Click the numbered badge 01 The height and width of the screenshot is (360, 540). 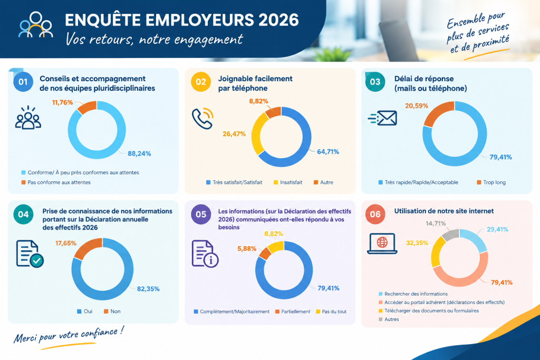tap(23, 82)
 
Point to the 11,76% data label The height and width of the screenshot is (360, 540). tap(62, 102)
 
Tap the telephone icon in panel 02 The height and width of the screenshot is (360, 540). tap(202, 119)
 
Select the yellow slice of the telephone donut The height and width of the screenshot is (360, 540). tap(257, 132)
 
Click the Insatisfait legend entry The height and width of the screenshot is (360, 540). tap(288, 182)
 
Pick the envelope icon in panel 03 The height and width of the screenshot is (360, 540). tap(382, 118)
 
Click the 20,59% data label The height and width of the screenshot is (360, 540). tap(417, 105)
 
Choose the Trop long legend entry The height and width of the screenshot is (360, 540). tap(491, 182)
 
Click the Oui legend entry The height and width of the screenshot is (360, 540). tap(85, 312)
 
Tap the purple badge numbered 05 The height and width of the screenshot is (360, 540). tap(201, 215)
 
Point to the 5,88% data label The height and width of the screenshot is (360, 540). tap(247, 248)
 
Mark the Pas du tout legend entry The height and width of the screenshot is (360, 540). tap(331, 312)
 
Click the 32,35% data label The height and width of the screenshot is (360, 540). tap(417, 243)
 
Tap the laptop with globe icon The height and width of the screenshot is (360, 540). tap(382, 244)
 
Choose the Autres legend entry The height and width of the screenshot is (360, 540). tap(389, 319)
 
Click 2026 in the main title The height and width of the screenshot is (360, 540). tap(278, 20)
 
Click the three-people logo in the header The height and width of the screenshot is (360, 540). tap(36, 25)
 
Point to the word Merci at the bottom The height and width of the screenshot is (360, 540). tap(25, 338)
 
